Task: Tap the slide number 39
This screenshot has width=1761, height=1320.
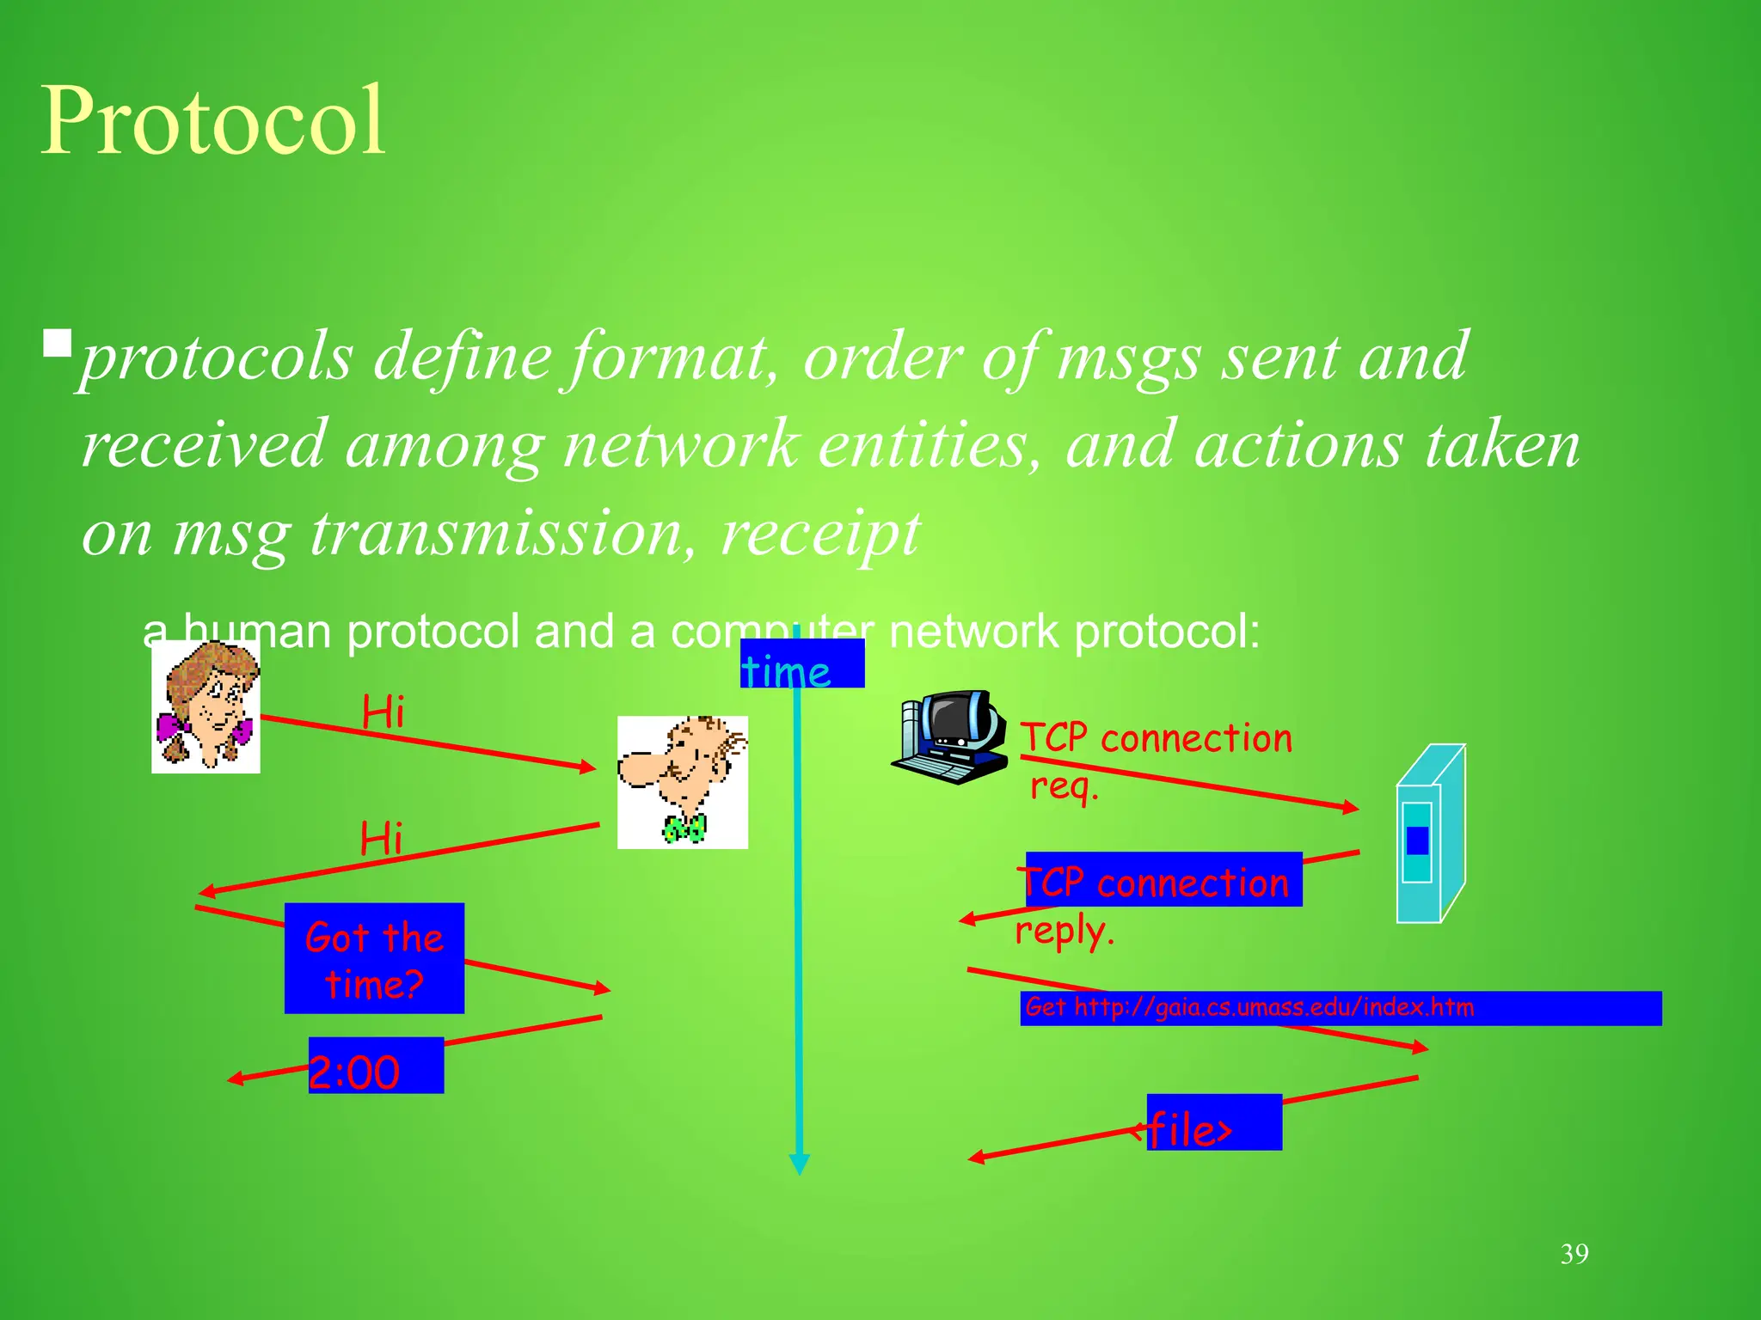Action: click(x=1574, y=1254)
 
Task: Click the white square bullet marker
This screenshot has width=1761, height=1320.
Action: click(x=58, y=344)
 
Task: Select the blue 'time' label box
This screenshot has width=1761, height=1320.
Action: click(x=801, y=663)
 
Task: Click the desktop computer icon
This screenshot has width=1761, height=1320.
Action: click(x=950, y=736)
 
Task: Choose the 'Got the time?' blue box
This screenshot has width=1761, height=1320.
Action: click(x=374, y=958)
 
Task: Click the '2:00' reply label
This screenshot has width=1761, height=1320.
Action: click(x=376, y=1066)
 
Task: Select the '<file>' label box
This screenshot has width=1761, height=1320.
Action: click(x=1212, y=1122)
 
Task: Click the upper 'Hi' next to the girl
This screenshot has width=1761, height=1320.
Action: click(x=383, y=712)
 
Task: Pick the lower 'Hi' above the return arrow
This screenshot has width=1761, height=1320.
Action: click(x=381, y=839)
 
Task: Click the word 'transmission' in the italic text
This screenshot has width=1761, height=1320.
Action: click(x=496, y=533)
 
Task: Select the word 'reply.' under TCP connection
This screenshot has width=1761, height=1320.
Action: click(x=1065, y=932)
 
